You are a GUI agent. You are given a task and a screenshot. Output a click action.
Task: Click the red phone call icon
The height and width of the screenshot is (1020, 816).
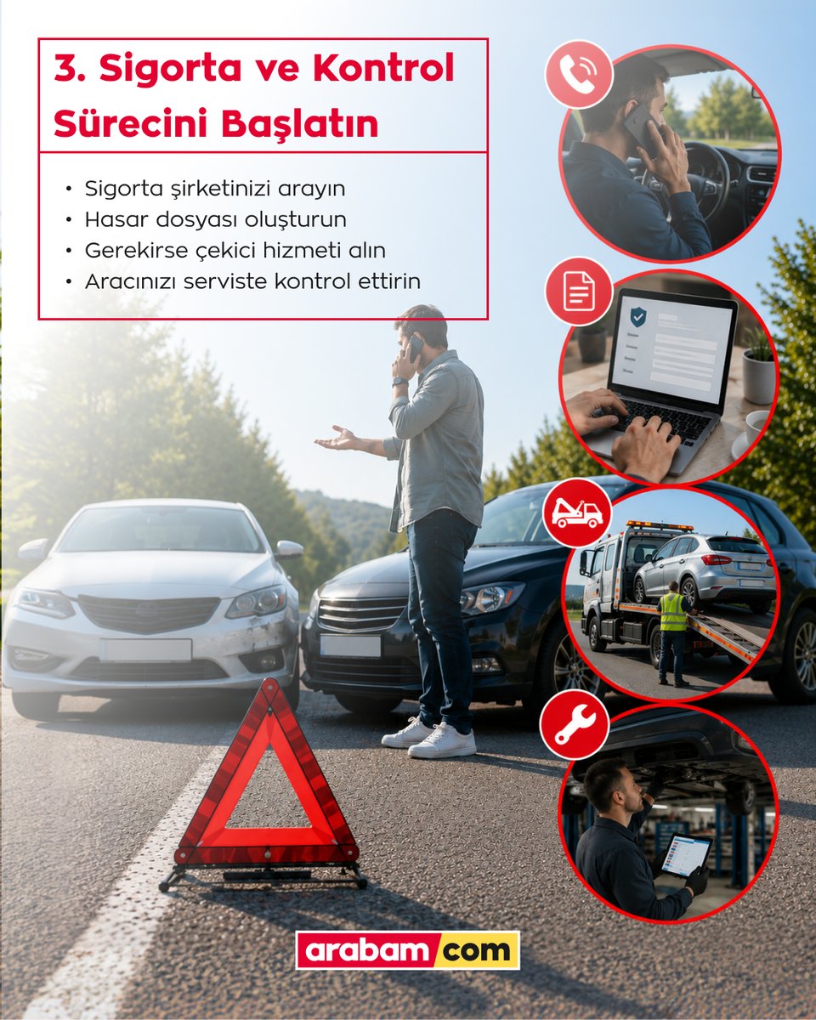pyautogui.click(x=579, y=74)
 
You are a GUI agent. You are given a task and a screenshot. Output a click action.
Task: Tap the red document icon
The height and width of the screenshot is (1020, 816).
pyautogui.click(x=579, y=291)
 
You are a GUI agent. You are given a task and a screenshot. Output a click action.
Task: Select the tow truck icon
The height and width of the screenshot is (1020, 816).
pyautogui.click(x=577, y=513)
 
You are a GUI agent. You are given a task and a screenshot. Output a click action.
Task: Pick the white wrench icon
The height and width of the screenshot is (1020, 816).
pyautogui.click(x=575, y=723)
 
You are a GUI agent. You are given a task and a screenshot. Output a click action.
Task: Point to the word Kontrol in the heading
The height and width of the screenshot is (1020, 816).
pyautogui.click(x=383, y=67)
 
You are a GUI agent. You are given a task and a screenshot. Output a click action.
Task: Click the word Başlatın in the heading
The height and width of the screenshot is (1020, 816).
pyautogui.click(x=300, y=124)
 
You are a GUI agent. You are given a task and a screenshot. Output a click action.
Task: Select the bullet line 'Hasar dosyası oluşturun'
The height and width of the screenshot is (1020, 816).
pyautogui.click(x=216, y=220)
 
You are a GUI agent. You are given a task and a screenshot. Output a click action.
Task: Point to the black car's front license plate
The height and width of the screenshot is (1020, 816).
pyautogui.click(x=350, y=646)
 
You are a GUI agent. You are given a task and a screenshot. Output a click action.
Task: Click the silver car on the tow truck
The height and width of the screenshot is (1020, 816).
pyautogui.click(x=704, y=570)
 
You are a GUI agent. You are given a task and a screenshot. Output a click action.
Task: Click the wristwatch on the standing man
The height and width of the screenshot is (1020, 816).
pyautogui.click(x=400, y=382)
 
